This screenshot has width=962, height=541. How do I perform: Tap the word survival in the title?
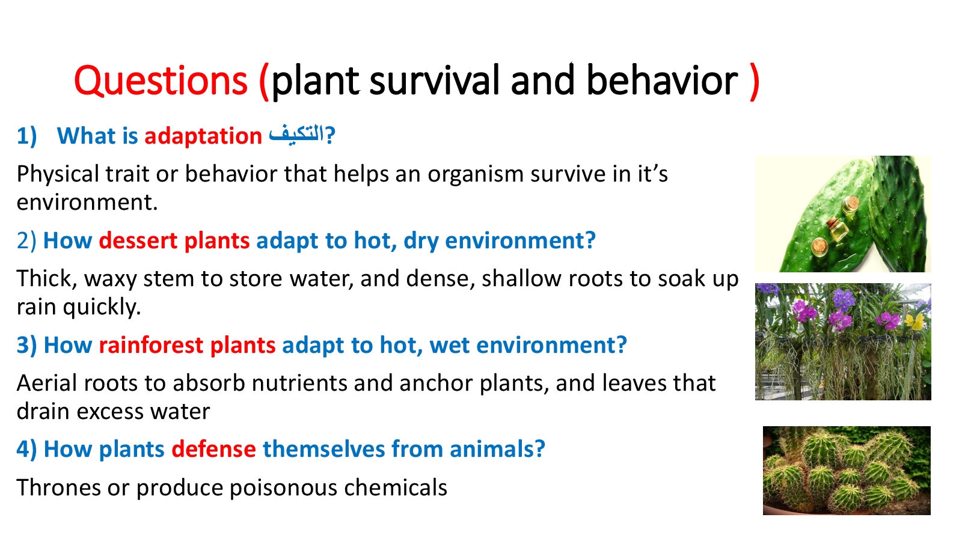click(435, 80)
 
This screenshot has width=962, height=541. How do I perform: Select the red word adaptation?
click(203, 136)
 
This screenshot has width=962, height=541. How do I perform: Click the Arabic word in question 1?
click(296, 135)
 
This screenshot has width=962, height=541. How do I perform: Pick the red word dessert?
click(138, 240)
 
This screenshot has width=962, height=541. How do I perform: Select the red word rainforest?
click(151, 345)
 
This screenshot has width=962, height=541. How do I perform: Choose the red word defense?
click(214, 449)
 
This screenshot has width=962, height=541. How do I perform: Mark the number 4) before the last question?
click(26, 450)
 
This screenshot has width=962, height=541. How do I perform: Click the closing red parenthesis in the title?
click(754, 82)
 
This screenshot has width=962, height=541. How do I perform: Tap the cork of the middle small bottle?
click(833, 222)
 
